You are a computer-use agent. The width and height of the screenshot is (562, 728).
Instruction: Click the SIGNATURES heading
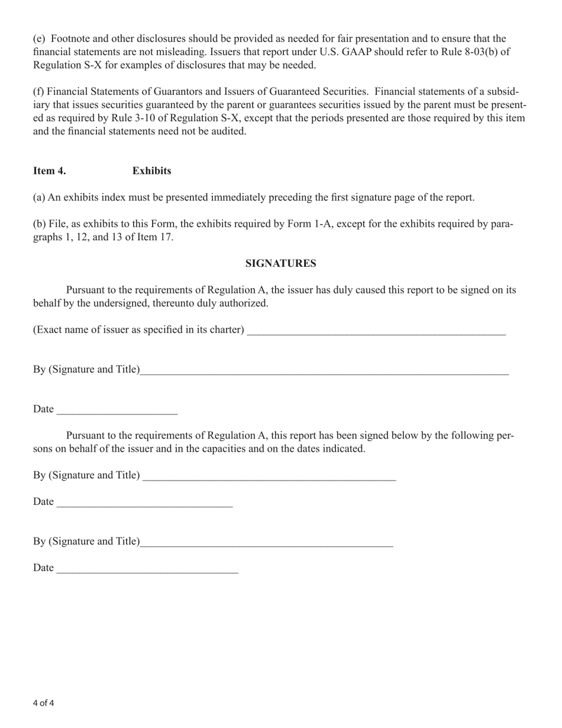(280, 264)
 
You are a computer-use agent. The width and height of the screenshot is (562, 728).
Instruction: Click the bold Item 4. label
(50, 171)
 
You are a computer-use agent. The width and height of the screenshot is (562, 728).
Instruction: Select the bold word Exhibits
(151, 171)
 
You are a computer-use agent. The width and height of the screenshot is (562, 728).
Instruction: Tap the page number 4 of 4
(44, 703)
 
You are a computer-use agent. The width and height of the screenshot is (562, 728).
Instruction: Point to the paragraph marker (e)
(38, 39)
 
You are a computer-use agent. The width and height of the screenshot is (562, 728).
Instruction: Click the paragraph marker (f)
(38, 92)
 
